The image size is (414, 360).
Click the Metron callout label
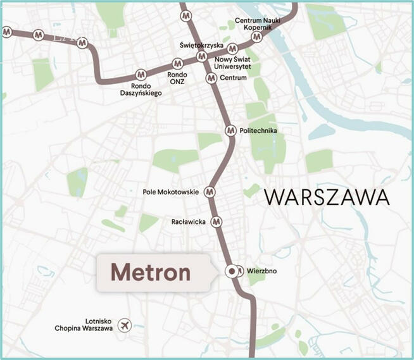click(x=151, y=273)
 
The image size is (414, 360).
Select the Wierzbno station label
click(x=262, y=273)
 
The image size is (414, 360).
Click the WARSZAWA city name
click(x=327, y=197)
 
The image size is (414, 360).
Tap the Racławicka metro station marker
click(x=216, y=221)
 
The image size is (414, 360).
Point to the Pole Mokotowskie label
click(x=171, y=192)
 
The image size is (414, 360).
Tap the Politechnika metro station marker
click(x=230, y=130)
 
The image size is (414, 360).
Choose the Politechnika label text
click(x=259, y=131)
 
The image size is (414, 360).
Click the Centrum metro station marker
click(x=212, y=78)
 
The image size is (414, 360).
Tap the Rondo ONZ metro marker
click(x=177, y=63)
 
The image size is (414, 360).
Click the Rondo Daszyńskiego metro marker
click(x=141, y=75)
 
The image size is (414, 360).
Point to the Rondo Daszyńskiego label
click(x=141, y=89)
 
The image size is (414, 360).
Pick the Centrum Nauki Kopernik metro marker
click(x=256, y=37)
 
